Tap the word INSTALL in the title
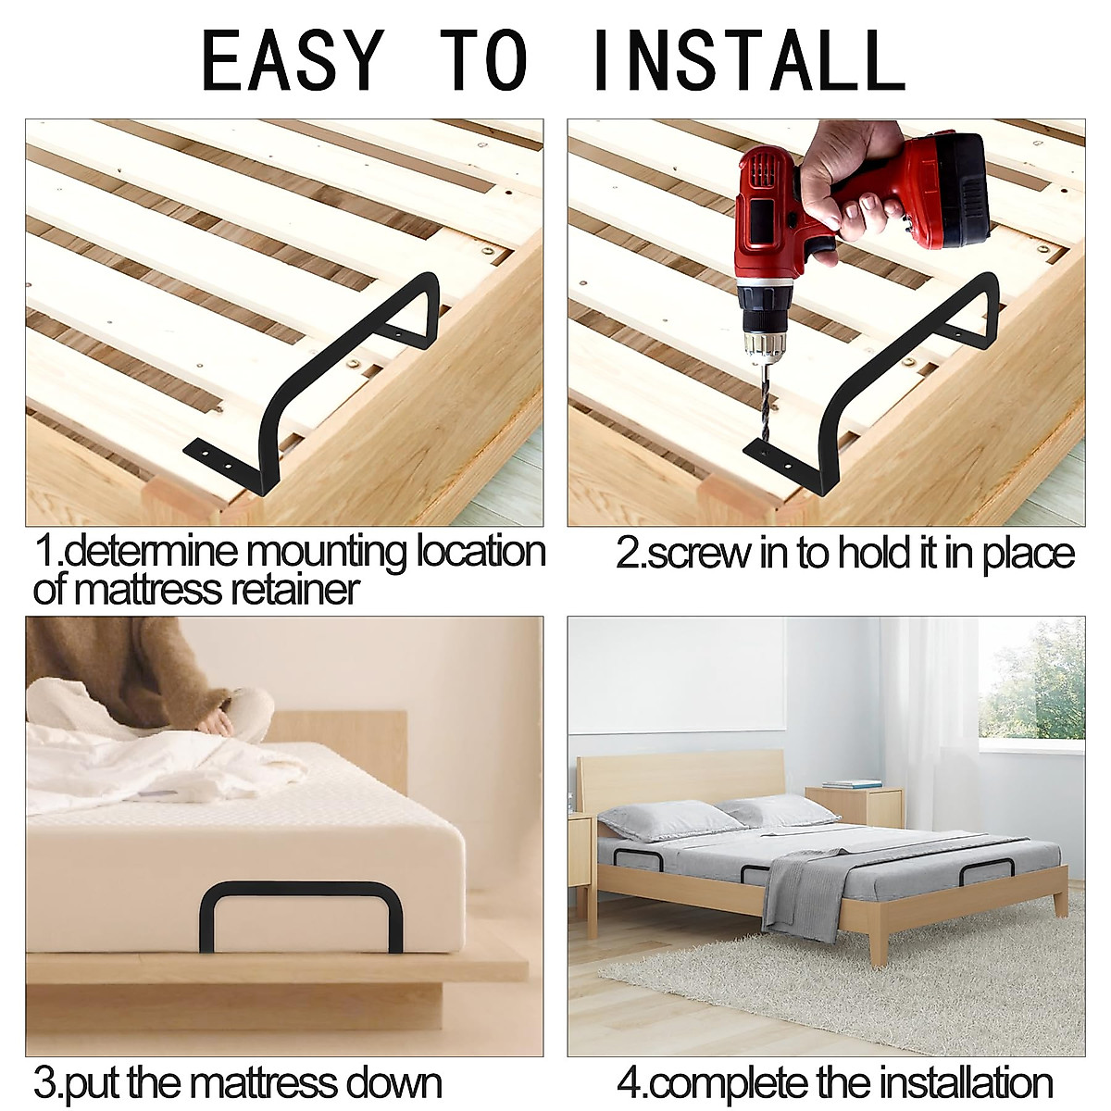click(748, 60)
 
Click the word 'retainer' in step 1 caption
click(294, 589)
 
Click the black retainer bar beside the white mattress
click(301, 912)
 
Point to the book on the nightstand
click(852, 784)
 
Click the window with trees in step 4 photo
click(1032, 685)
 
